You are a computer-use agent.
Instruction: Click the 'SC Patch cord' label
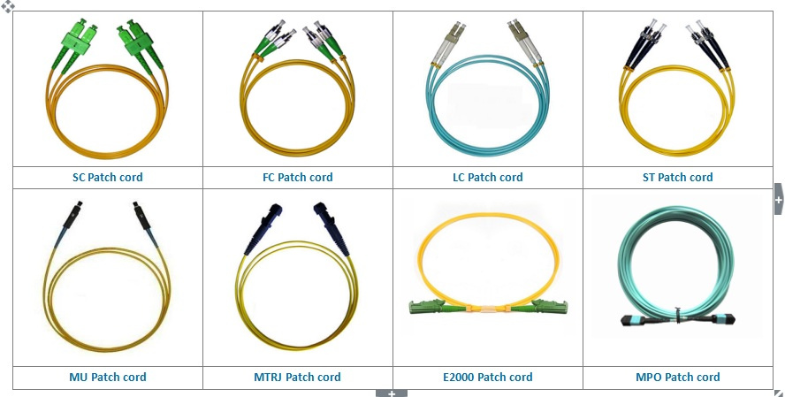pos(108,177)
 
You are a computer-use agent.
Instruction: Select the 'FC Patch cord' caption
pos(297,177)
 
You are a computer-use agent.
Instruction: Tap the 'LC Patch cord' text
pos(488,177)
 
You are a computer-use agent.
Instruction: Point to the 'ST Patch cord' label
pos(677,177)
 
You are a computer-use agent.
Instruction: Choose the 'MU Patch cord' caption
pos(108,377)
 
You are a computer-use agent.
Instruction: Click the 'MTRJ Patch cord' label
pos(297,377)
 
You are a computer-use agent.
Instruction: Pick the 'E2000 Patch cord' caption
pos(488,377)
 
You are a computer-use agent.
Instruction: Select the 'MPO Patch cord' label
pos(677,377)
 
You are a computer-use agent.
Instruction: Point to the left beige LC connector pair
pos(448,42)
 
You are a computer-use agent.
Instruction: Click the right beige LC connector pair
pos(525,42)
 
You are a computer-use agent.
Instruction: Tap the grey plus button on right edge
pos(779,199)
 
